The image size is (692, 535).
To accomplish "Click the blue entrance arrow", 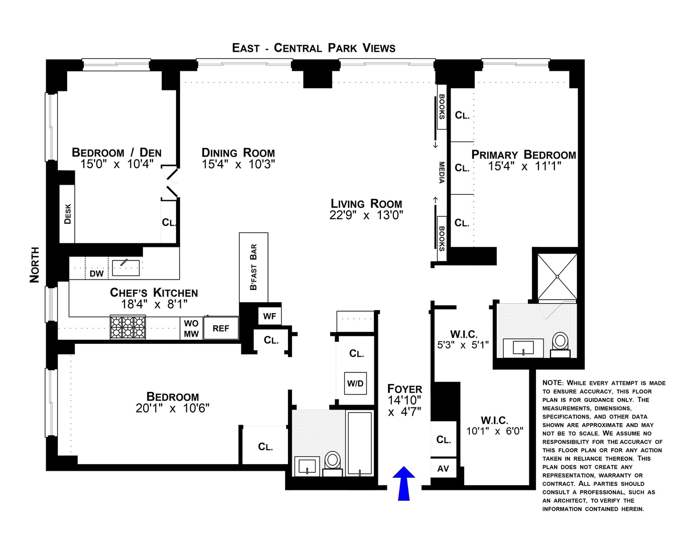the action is [x=403, y=483].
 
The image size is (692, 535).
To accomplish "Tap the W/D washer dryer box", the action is [x=355, y=383].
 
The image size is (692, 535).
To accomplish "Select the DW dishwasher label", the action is [x=96, y=274].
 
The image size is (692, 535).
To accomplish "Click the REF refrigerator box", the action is [x=221, y=328].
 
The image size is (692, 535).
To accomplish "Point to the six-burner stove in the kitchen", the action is [x=127, y=327].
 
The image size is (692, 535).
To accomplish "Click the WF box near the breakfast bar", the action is [x=269, y=316].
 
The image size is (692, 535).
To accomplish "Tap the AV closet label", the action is [x=443, y=468].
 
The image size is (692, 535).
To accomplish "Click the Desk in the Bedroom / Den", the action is [x=67, y=214].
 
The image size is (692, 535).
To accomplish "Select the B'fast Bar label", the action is [x=253, y=267].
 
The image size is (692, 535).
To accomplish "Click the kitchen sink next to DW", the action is [x=126, y=268].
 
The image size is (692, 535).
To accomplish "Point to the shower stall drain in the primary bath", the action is [x=558, y=277].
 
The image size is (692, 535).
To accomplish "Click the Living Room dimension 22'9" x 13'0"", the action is [x=366, y=215].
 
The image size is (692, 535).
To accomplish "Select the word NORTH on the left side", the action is [x=35, y=264].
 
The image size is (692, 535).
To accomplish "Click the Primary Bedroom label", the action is [x=523, y=155].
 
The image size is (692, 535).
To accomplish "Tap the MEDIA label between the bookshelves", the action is [x=442, y=172].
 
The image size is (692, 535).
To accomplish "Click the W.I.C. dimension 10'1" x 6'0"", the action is [x=495, y=431].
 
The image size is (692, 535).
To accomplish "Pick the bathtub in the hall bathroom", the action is [x=360, y=443].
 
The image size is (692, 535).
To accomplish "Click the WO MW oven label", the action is [x=191, y=328].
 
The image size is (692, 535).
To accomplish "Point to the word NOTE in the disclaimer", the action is [x=553, y=383].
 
